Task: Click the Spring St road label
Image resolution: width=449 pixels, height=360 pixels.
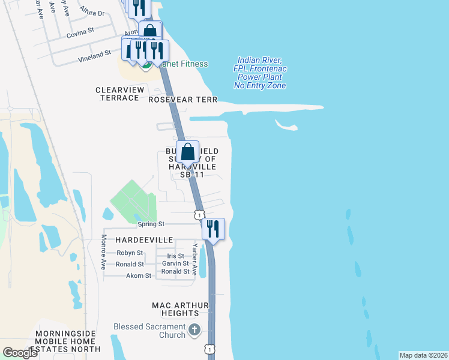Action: coord(151,224)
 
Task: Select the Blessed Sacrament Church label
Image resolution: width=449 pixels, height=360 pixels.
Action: coord(149,331)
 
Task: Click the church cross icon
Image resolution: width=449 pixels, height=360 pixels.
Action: coord(194,330)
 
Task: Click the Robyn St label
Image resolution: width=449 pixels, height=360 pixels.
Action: coord(130,253)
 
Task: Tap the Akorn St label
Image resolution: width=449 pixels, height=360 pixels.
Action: coord(139,276)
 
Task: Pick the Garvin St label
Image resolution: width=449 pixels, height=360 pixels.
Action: coord(176,263)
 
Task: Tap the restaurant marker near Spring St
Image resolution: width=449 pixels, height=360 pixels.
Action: coord(212,229)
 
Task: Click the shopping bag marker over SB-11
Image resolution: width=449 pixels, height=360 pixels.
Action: coord(188,152)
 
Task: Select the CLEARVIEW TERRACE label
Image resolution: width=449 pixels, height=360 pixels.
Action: coord(121,94)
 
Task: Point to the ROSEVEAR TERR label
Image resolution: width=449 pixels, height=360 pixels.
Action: coord(182,100)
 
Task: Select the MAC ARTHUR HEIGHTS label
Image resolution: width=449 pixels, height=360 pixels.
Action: coord(175,310)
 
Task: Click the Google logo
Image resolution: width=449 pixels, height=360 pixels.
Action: coord(20,353)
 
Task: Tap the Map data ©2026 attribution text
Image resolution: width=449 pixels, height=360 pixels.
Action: coord(423,355)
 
